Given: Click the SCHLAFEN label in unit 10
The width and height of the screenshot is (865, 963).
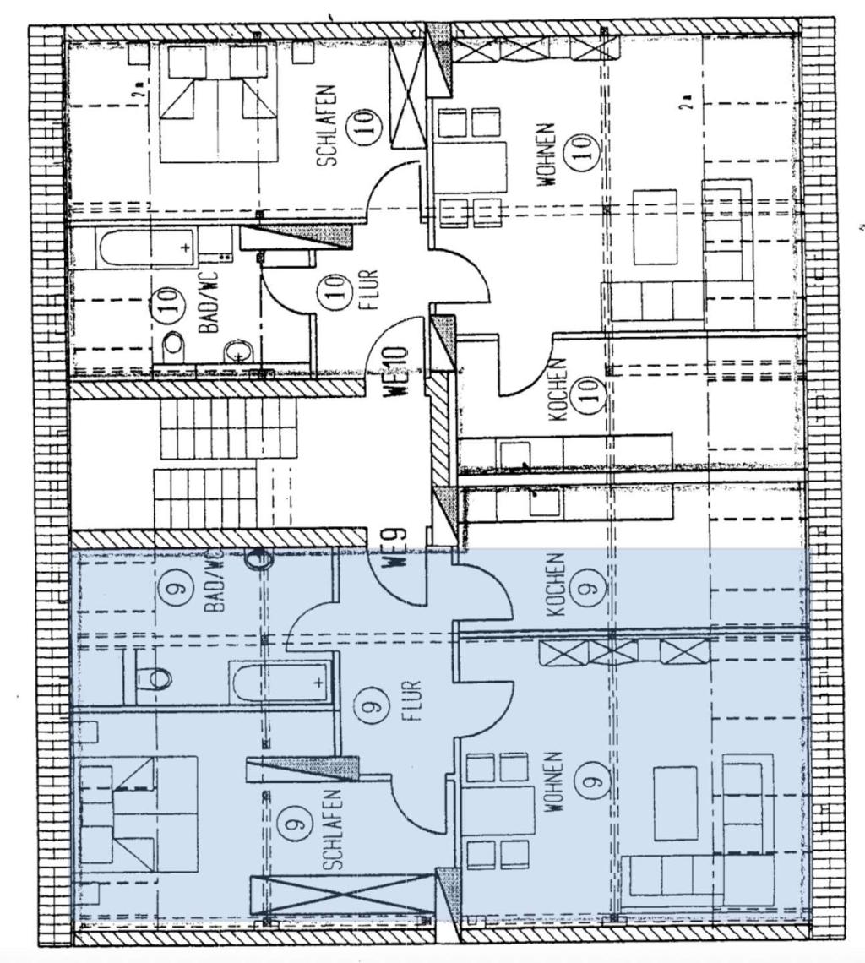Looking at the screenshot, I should coord(329,125).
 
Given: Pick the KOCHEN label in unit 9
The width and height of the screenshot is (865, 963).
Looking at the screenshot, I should coord(554,585).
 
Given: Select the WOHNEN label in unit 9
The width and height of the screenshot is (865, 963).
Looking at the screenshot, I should coord(554,781).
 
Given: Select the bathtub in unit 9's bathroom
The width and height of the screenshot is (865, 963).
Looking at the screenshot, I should coord(279,681).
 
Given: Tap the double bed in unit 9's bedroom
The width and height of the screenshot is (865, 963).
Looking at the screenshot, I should coord(139,814).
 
